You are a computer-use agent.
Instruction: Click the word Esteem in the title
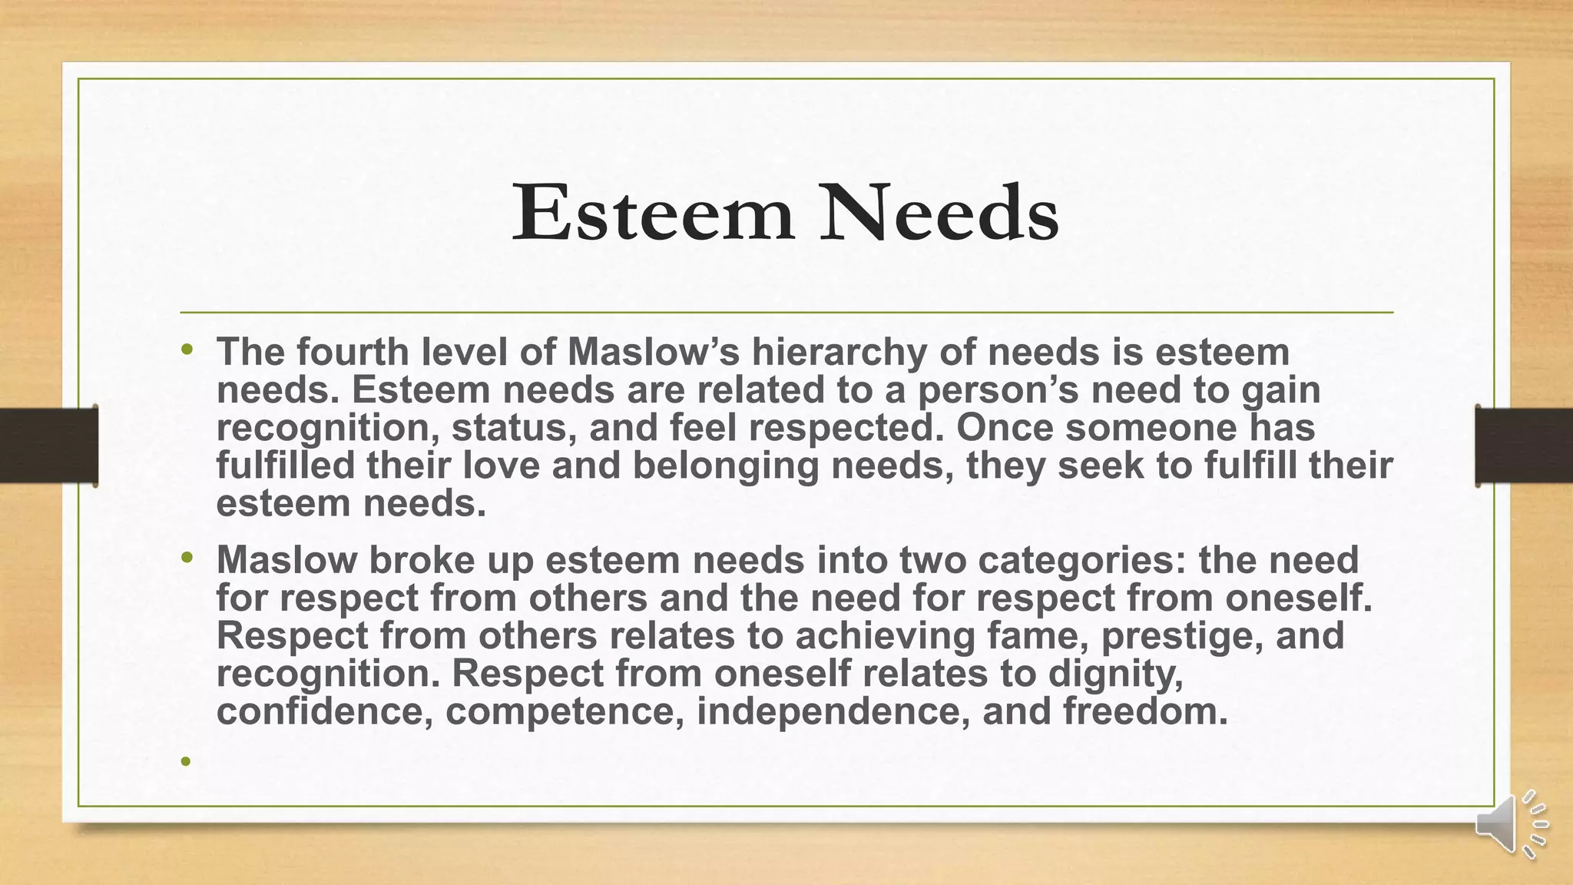[653, 213]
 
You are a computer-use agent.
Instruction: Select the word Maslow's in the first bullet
[654, 352]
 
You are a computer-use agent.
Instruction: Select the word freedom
[1145, 711]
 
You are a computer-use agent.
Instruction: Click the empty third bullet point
[185, 762]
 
